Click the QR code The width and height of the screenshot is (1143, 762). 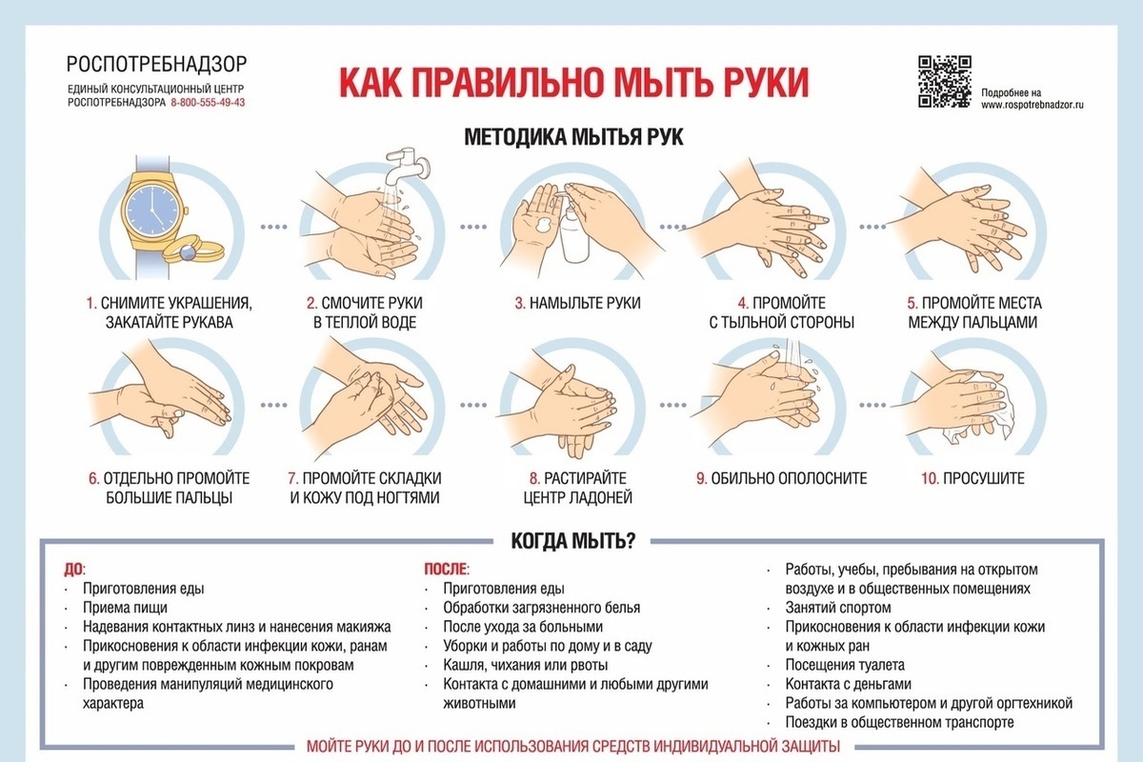coord(945,82)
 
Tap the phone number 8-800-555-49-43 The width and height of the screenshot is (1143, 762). coord(208,103)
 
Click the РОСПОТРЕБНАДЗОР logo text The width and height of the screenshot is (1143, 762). coord(156,65)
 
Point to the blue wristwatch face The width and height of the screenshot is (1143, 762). coord(152,210)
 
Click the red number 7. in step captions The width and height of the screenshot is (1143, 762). coord(293,479)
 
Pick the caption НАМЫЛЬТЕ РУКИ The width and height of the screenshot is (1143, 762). coord(585,303)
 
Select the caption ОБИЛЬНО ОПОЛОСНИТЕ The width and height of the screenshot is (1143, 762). coord(789,479)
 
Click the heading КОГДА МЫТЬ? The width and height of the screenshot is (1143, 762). coord(573,541)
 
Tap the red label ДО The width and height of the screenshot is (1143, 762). coord(73,570)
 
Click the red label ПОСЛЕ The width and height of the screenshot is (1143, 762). coord(446,570)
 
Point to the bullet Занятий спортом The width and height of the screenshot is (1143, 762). coord(838,608)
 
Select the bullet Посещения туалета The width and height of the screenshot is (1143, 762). coord(845,665)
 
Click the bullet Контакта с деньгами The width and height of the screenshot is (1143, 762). coord(848,684)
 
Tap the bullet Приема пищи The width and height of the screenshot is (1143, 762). coord(125,608)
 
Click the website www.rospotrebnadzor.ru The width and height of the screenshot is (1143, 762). coord(1033,105)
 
